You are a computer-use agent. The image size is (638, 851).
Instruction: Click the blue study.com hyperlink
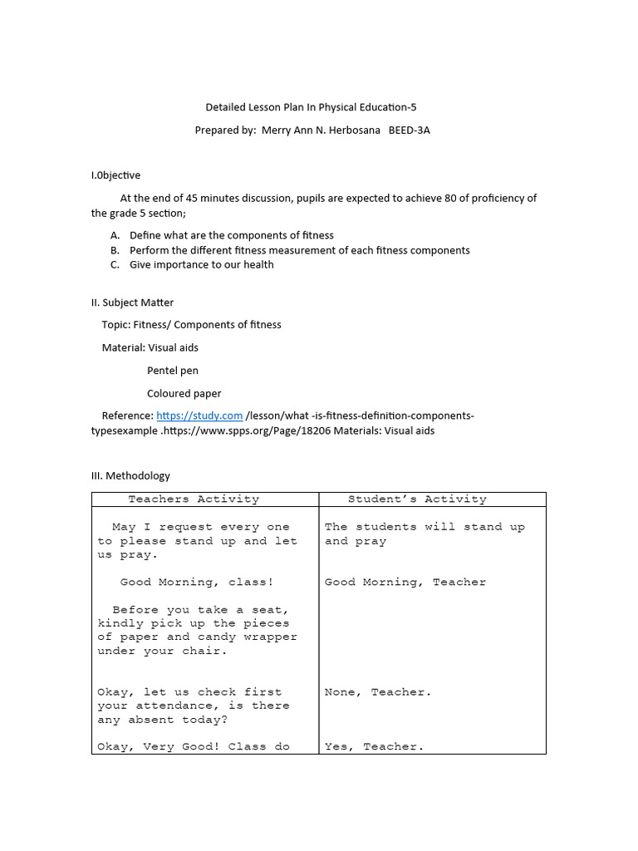199,416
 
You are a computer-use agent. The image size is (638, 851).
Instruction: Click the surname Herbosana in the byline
348,130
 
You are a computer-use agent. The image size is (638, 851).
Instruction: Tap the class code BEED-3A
410,130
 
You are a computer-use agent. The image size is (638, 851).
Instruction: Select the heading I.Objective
115,175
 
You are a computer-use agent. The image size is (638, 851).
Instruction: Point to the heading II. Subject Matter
132,303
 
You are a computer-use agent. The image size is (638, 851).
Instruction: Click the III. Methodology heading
130,475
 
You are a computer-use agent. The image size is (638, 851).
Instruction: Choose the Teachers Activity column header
194,499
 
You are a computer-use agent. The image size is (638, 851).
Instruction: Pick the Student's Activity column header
417,499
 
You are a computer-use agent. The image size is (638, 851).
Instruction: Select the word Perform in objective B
150,250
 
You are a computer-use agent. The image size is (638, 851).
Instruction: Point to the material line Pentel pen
173,371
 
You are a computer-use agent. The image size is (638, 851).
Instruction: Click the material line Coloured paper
184,393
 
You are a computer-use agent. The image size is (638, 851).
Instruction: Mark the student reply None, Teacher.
378,691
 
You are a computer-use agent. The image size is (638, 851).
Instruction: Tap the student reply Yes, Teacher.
374,746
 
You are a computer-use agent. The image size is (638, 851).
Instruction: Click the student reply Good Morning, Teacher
405,582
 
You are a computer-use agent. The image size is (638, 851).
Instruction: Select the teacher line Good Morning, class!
197,582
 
